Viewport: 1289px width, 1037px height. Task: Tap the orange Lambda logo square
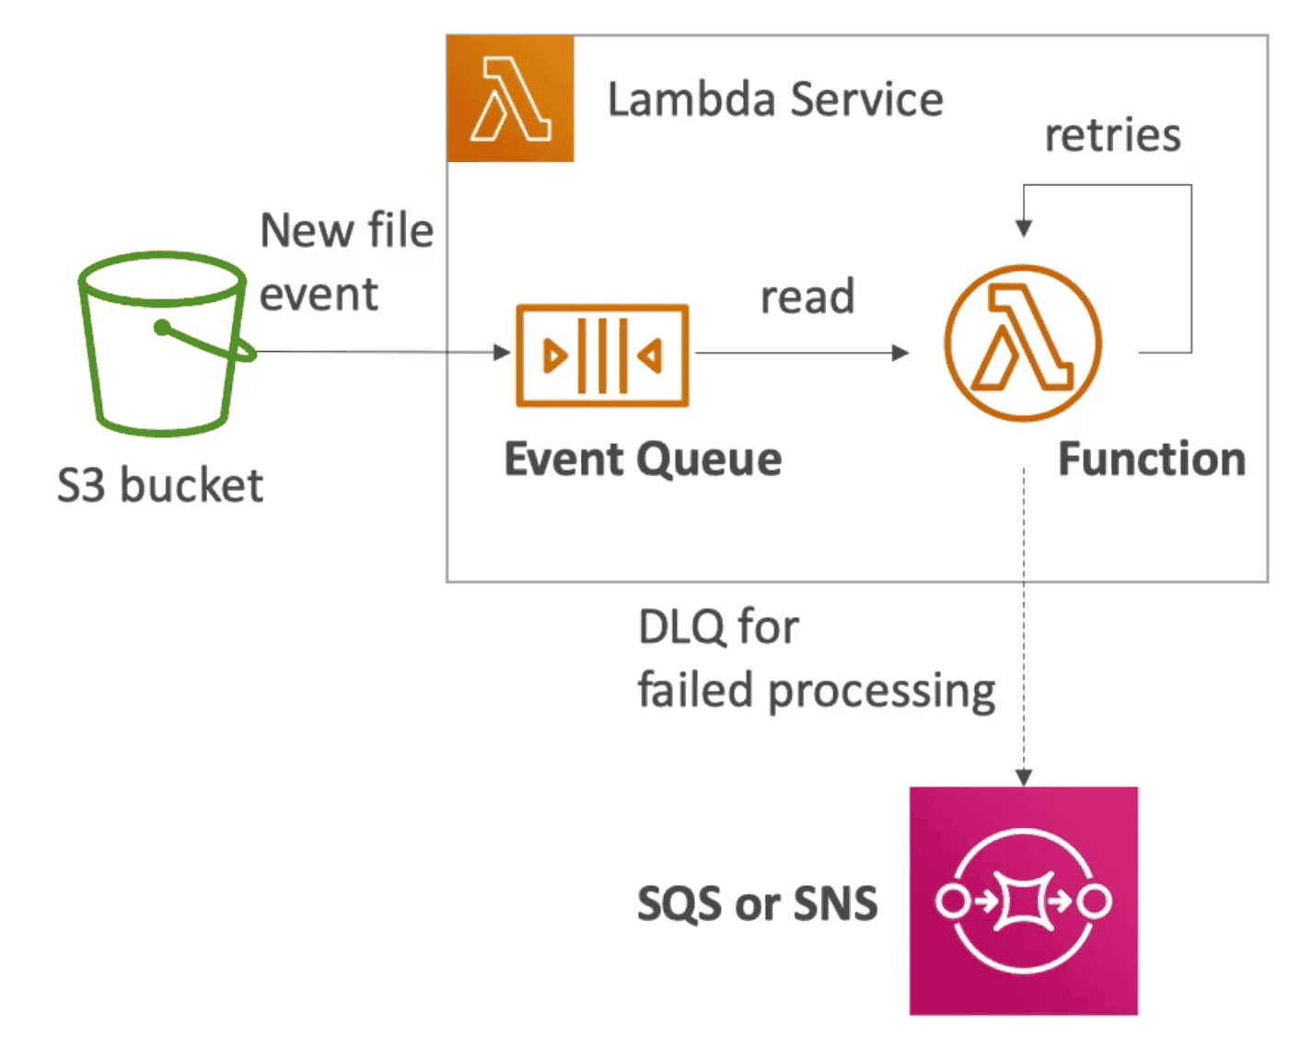tap(510, 99)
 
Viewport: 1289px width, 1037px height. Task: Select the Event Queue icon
tap(602, 355)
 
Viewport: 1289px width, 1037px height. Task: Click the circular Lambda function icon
tap(1022, 343)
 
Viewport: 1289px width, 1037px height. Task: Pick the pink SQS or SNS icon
tap(1023, 901)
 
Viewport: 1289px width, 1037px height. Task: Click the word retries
tap(1112, 135)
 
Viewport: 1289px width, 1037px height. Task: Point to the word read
tap(807, 297)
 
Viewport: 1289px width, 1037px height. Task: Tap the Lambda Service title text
tap(775, 99)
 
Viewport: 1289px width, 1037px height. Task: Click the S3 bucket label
tap(160, 485)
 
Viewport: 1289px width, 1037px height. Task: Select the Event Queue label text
tap(643, 459)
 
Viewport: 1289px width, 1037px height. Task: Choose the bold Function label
tap(1151, 459)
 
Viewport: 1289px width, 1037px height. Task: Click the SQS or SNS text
tap(757, 903)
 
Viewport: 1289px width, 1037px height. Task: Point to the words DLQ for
tap(718, 627)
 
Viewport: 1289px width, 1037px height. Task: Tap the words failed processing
tap(816, 691)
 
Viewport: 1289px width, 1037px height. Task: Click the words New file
tap(346, 230)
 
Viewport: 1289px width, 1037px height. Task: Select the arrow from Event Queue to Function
tap(801, 353)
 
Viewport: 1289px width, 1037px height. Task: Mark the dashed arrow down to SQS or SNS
tap(1024, 645)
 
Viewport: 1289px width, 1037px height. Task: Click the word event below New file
tap(319, 295)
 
